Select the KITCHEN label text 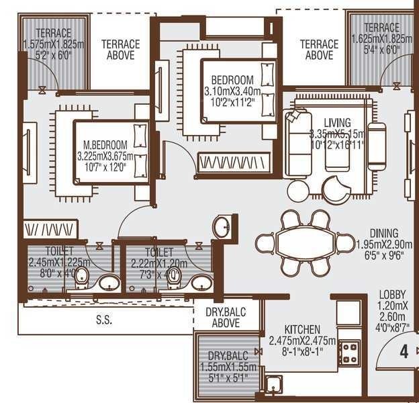(x=302, y=329)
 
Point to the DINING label (x=383, y=234)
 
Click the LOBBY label (x=391, y=294)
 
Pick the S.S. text (x=103, y=320)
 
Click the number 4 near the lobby (x=404, y=351)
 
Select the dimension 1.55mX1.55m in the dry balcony (x=228, y=367)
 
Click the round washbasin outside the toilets (x=224, y=226)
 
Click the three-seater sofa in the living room (x=295, y=141)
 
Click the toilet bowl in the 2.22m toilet (x=174, y=276)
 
